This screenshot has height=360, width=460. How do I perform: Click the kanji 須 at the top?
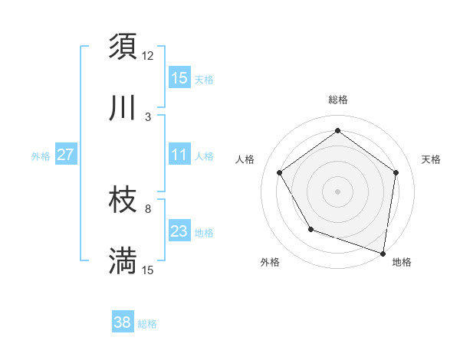pos(123,47)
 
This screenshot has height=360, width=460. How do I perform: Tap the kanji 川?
pos(123,109)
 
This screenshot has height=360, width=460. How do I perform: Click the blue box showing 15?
pos(179,78)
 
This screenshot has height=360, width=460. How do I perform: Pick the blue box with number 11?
pos(179,155)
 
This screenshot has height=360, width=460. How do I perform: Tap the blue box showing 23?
pos(179,231)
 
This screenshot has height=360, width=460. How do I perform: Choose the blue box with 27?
pos(65,155)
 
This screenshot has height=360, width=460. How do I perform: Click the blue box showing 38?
pos(123,322)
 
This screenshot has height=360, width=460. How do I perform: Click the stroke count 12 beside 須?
pos(148,55)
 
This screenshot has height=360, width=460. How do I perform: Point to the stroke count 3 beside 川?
pos(148,116)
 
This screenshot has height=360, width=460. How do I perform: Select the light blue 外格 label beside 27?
pos(41,155)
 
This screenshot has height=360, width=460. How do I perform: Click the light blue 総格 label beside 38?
pos(147,324)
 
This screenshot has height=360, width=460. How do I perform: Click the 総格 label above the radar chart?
pos(337,100)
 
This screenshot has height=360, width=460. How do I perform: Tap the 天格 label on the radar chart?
pos(431,159)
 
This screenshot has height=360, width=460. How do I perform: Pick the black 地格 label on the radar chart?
pos(402,263)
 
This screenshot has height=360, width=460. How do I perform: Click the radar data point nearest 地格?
pos(383,252)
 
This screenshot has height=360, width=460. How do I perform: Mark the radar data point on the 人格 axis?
pos(279,172)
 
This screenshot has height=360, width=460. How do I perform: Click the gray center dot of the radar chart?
pos(337,191)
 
